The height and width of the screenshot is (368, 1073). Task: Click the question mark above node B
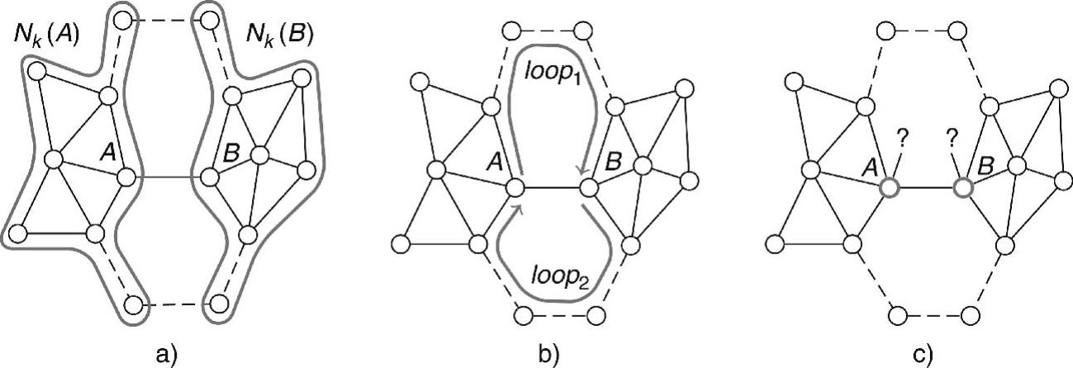[x=951, y=139]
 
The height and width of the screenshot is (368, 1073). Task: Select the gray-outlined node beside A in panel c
[x=889, y=188]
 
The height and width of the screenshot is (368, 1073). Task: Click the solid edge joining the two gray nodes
[x=926, y=188]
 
